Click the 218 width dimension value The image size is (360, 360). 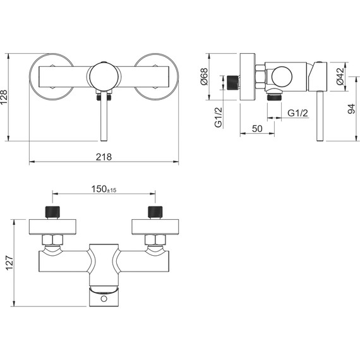click(x=104, y=157)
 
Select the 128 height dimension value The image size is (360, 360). click(x=4, y=97)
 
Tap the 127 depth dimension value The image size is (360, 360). click(x=10, y=263)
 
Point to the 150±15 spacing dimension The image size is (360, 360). click(x=104, y=189)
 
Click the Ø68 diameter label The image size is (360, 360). click(x=204, y=76)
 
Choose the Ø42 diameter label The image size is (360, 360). click(x=340, y=76)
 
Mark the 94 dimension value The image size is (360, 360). click(x=351, y=109)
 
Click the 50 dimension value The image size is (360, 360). click(x=257, y=129)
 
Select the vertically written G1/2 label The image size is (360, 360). click(x=219, y=117)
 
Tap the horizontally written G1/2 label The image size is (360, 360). click(x=297, y=113)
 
